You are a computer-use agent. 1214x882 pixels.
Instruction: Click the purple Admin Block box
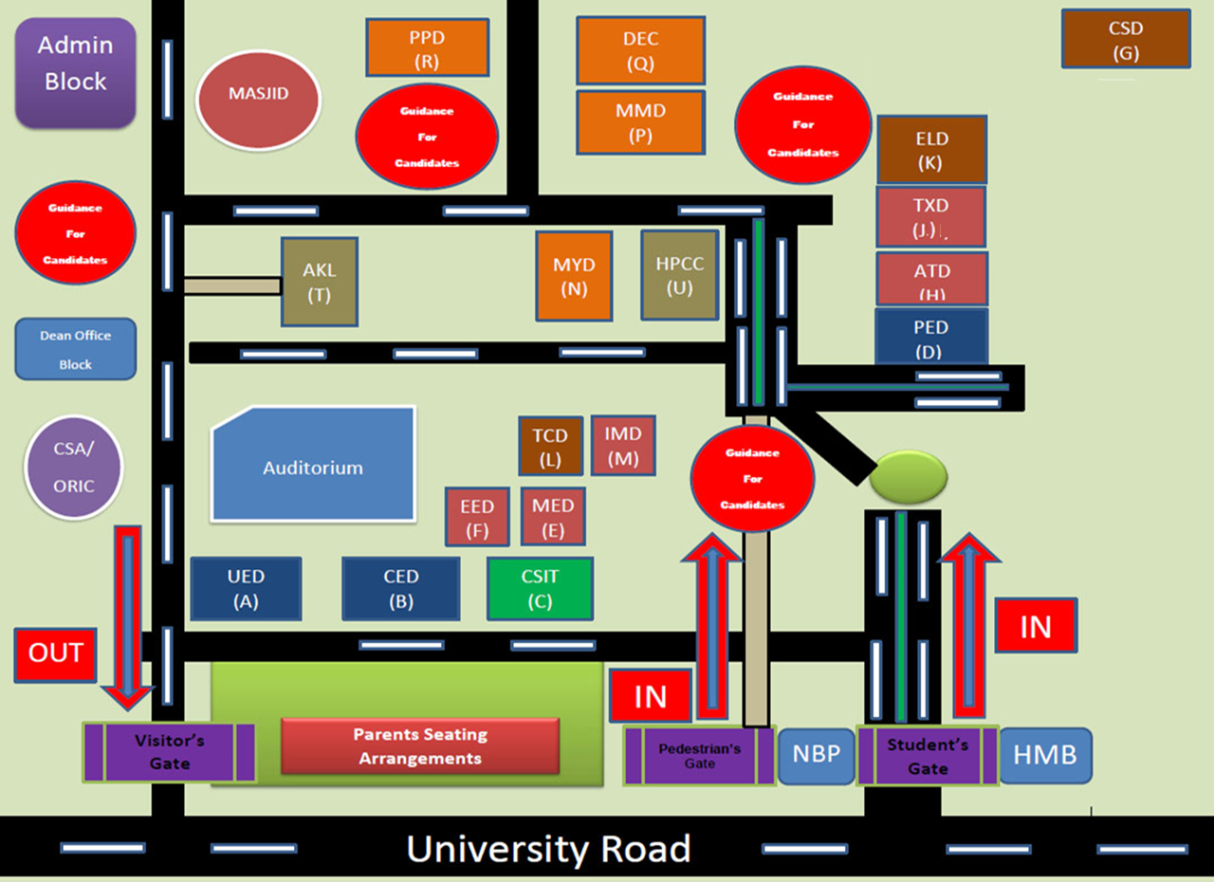75,72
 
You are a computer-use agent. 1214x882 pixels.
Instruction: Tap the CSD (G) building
1125,39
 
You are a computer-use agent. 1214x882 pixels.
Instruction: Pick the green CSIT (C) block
540,588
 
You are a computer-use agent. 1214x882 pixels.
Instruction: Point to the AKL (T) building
319,282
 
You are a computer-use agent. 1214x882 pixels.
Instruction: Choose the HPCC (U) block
679,275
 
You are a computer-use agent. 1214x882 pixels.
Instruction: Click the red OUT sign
55,654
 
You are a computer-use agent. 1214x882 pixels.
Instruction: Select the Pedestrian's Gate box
699,756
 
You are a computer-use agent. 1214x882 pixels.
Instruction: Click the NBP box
816,756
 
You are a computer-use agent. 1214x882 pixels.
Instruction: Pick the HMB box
1045,755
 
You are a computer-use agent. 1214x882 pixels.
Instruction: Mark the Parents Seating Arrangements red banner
420,746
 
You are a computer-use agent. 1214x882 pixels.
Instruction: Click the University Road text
548,849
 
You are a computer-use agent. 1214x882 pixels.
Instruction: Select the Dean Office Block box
76,349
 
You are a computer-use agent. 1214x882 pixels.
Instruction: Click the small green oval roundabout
908,476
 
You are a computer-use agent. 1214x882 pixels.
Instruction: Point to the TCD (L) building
549,446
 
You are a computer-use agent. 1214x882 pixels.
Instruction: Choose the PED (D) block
930,338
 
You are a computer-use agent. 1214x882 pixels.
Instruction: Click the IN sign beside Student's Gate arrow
1035,626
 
